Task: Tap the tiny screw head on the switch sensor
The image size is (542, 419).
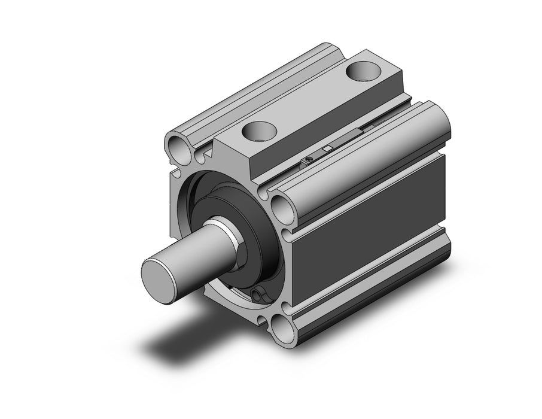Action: (x=308, y=159)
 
